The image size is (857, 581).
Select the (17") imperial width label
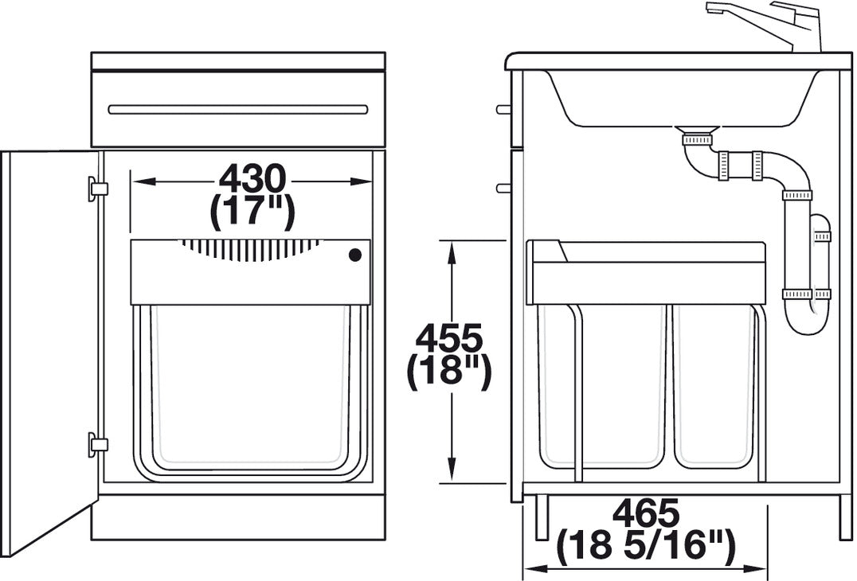tap(252, 212)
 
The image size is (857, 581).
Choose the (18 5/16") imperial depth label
tap(645, 548)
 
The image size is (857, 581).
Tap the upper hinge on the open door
tap(97, 189)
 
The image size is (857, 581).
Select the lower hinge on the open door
tap(97, 444)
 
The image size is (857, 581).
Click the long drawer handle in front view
tap(238, 109)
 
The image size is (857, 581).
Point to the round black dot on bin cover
tap(355, 255)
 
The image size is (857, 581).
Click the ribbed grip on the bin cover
tap(250, 249)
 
